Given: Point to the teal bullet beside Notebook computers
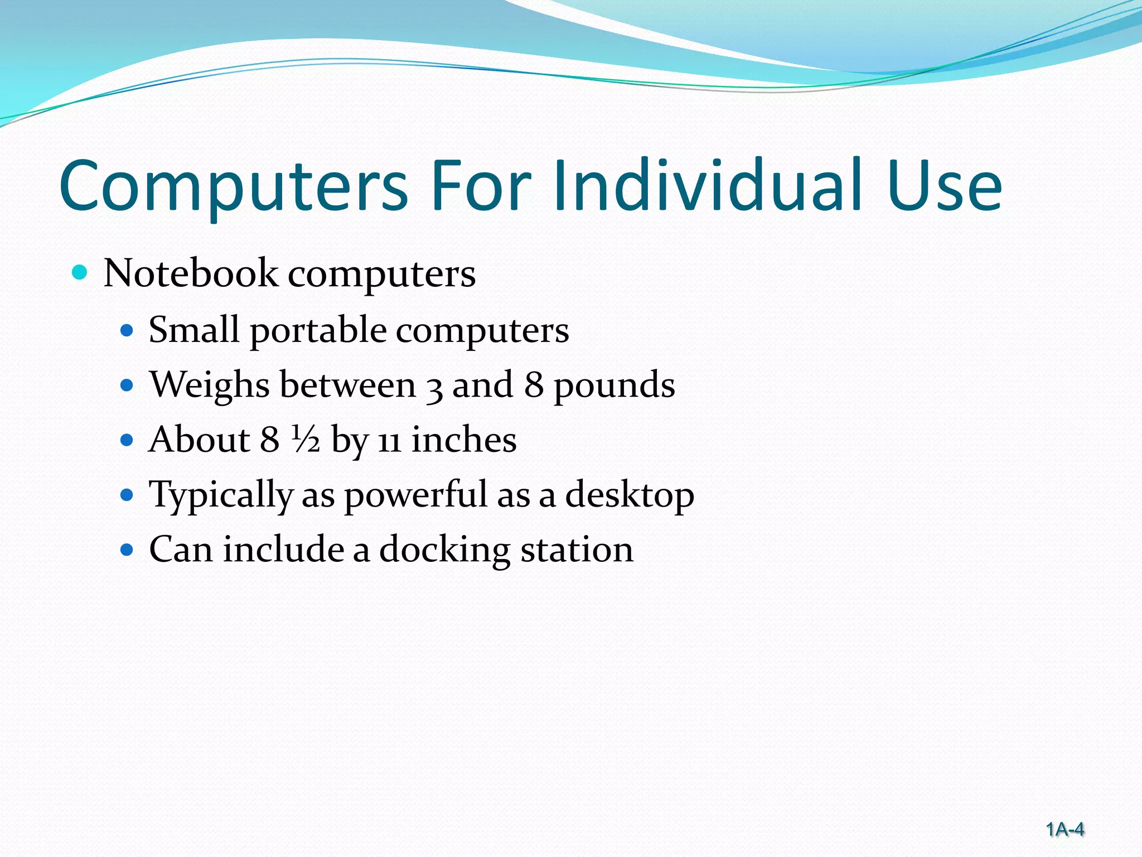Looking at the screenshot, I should pyautogui.click(x=80, y=273).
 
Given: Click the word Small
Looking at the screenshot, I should pyautogui.click(x=193, y=329).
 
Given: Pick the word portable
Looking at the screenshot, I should pyautogui.click(x=318, y=330).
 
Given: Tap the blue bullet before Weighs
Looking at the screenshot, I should pyautogui.click(x=128, y=385).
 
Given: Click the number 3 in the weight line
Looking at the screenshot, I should pyautogui.click(x=434, y=387).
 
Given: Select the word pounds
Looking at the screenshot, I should pyautogui.click(x=614, y=386).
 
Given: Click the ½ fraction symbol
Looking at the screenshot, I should pyautogui.click(x=305, y=440).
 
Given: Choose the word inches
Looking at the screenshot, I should pyautogui.click(x=464, y=440).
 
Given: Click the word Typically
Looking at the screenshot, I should pyautogui.click(x=221, y=495).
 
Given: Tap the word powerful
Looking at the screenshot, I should pyautogui.click(x=415, y=495).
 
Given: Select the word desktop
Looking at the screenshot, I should pyautogui.click(x=630, y=495).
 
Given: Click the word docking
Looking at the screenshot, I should pyautogui.click(x=444, y=550).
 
